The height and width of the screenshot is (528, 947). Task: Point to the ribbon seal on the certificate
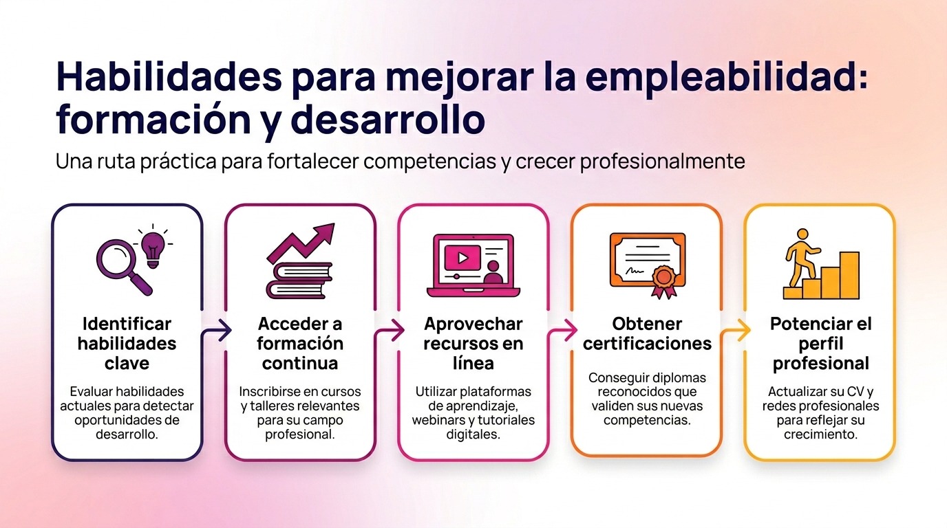(663, 280)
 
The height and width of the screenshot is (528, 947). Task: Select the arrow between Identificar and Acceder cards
(215, 333)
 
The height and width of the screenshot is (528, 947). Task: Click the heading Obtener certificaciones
(647, 333)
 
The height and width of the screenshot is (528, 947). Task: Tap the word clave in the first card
(127, 363)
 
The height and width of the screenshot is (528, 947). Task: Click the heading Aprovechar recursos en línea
(473, 343)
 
